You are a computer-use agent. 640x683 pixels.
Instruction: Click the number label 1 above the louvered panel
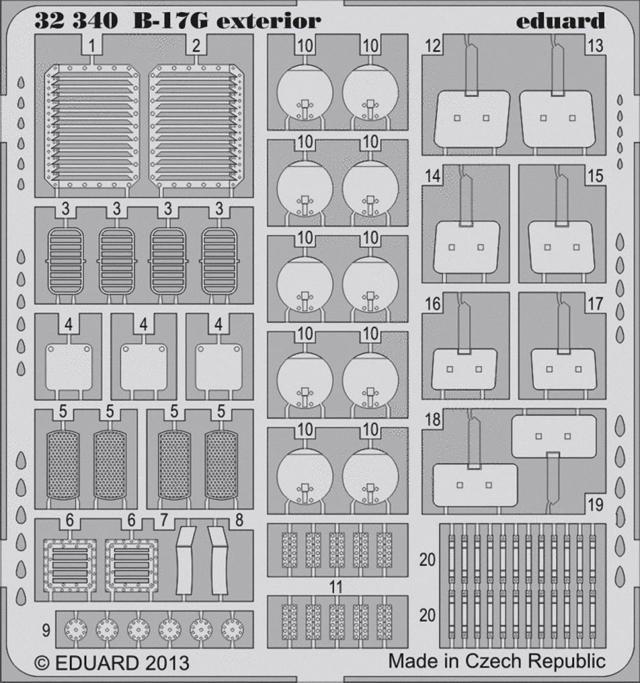click(92, 45)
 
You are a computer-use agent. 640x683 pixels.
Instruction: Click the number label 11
click(337, 587)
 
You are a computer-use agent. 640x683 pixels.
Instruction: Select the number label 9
click(45, 630)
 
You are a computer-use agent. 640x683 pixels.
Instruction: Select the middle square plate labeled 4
click(143, 366)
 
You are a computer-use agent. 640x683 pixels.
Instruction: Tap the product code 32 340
click(76, 20)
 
